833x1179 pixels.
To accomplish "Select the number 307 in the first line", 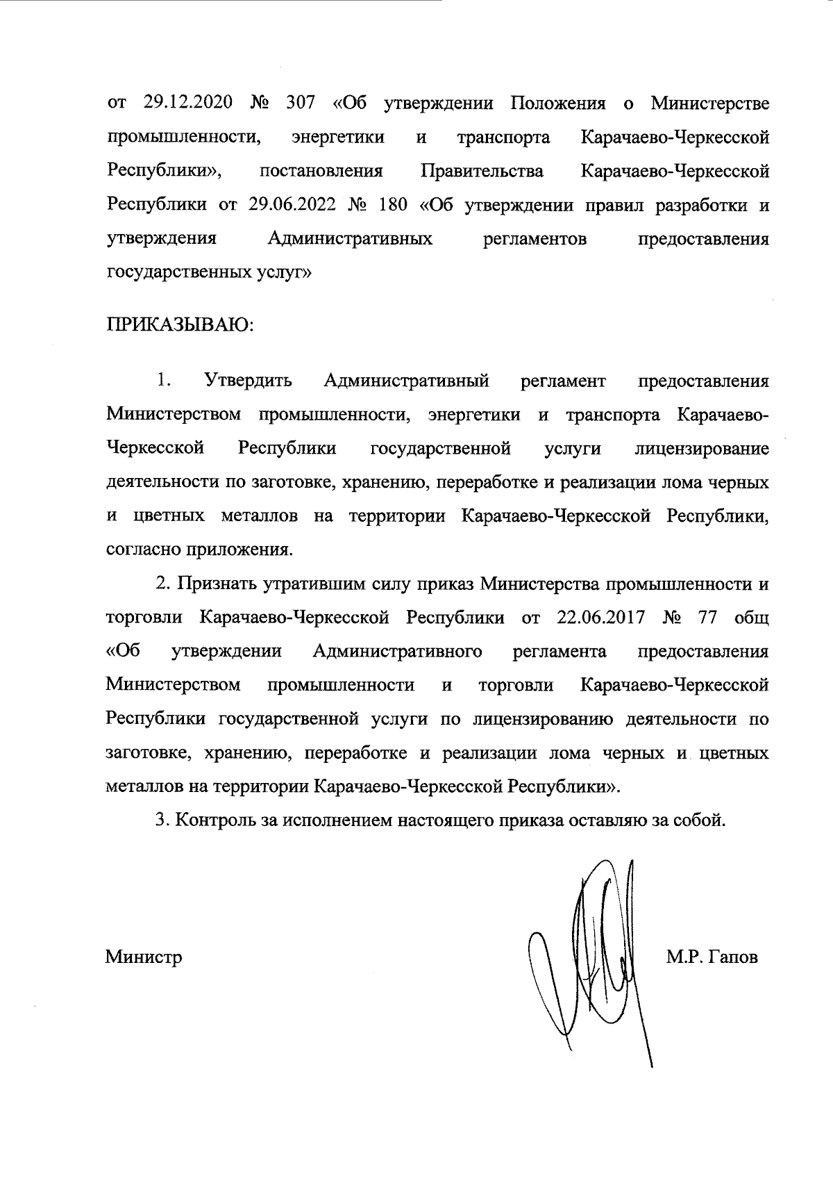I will coord(299,104).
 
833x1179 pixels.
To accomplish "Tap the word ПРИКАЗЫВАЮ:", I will coord(180,324).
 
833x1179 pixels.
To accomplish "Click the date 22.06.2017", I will coord(601,618).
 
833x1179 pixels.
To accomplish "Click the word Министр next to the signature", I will coord(144,957).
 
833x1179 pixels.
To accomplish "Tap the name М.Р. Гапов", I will coord(712,957).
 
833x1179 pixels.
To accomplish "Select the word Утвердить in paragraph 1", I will coord(248,381).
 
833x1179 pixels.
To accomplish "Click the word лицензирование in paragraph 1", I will coord(702,449).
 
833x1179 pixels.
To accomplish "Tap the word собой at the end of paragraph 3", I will coord(698,820).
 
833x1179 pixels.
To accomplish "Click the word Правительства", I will coord(482,171).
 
